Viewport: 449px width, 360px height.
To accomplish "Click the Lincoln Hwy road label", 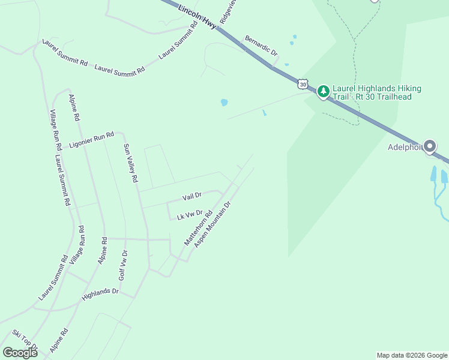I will [197, 17].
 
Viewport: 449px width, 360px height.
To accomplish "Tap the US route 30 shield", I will [303, 85].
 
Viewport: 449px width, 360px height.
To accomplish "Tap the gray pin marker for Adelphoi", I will [430, 146].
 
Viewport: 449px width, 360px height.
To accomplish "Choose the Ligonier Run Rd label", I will [91, 140].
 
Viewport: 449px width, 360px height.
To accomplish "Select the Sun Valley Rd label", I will [131, 163].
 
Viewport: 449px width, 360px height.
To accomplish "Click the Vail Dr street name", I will [192, 196].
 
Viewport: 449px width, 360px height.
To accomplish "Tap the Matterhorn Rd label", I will [198, 228].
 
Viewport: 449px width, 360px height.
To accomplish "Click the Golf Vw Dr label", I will [122, 265].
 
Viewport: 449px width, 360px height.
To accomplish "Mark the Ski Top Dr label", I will [25, 340].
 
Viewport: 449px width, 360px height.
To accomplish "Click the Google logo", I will [20, 353].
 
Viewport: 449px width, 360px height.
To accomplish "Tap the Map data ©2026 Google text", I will [412, 355].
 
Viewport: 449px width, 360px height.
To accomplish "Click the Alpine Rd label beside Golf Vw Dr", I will [103, 251].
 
